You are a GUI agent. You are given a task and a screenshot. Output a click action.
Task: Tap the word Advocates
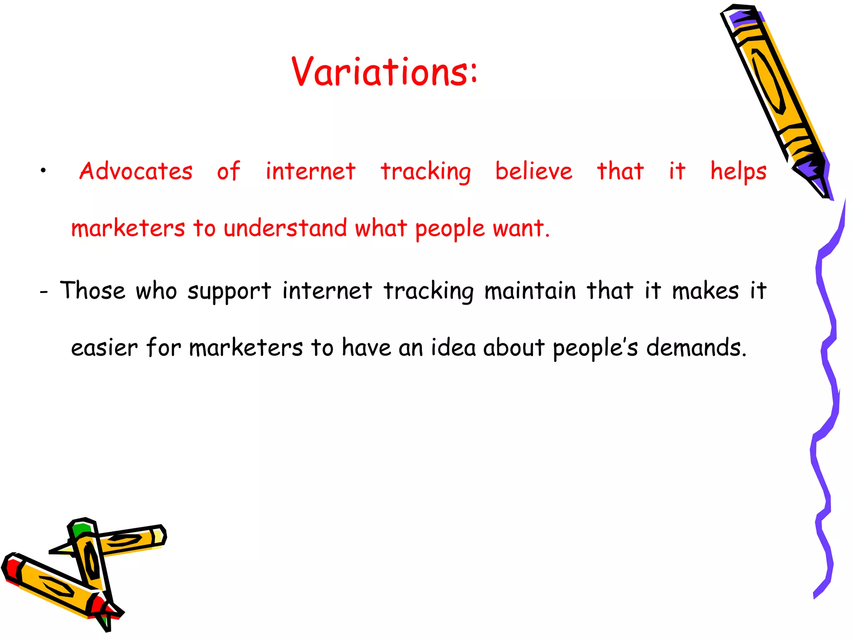pos(136,171)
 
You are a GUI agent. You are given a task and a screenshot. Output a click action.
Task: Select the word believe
pos(534,171)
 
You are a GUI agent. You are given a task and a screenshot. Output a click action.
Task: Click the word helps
pos(738,172)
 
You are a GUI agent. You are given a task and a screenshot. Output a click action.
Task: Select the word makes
pos(705,290)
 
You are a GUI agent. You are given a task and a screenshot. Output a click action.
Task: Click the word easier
pos(104,347)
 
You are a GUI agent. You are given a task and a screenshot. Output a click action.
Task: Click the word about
pos(514,347)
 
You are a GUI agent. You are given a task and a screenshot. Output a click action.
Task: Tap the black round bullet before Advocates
pos(43,170)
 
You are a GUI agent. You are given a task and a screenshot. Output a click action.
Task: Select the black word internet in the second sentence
pos(327,290)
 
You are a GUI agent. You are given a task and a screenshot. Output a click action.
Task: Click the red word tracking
pos(426,172)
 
